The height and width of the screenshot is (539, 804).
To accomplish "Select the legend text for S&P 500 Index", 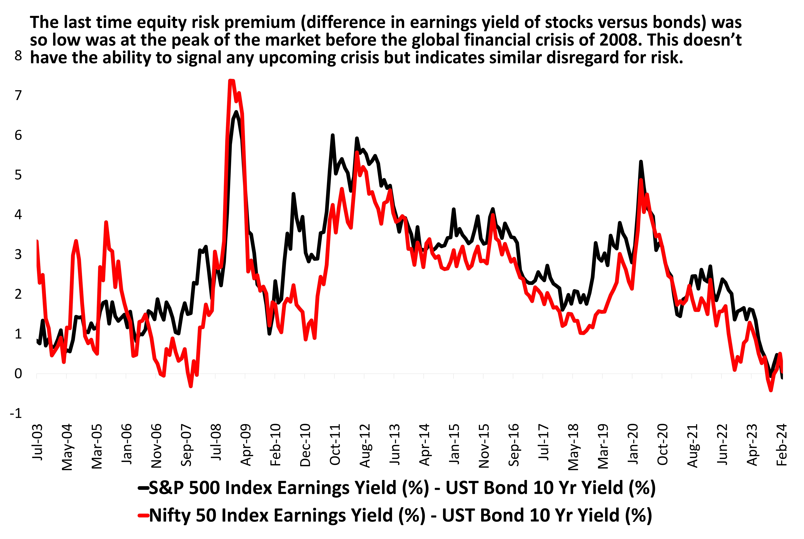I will (x=402, y=488).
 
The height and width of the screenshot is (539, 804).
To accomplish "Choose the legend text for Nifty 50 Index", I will (x=401, y=515).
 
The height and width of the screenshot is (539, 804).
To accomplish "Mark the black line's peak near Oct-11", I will (x=332, y=135).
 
